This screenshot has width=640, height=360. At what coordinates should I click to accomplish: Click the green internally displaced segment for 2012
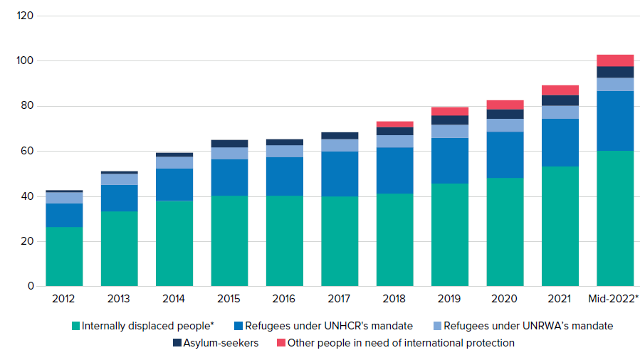click(x=64, y=256)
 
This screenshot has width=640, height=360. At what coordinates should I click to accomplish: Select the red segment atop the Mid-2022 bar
click(x=615, y=60)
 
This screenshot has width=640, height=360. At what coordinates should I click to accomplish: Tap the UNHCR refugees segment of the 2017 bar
click(x=340, y=174)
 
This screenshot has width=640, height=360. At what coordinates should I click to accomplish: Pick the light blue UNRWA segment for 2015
click(x=229, y=153)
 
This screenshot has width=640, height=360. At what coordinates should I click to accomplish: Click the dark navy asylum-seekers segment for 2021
click(x=560, y=100)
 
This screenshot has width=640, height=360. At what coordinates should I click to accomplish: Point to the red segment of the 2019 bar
click(x=450, y=111)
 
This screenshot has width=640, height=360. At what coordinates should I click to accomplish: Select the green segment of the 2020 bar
click(x=505, y=232)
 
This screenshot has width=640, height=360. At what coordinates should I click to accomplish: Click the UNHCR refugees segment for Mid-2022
click(x=615, y=121)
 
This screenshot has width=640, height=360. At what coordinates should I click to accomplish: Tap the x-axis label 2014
click(x=174, y=299)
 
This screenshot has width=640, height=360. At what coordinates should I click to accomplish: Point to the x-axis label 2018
click(x=395, y=299)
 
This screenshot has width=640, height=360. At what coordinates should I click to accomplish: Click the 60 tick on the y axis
click(x=27, y=151)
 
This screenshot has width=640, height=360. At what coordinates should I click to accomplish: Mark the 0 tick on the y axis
click(x=31, y=286)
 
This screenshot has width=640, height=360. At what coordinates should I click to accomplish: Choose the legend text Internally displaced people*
click(x=148, y=326)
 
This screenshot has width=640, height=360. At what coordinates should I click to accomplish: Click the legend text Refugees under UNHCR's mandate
click(x=328, y=326)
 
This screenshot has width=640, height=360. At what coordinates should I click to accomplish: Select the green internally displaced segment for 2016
click(x=285, y=240)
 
